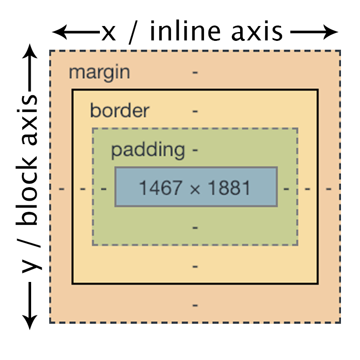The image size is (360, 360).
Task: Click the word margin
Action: (99, 72)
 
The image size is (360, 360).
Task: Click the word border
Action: (119, 111)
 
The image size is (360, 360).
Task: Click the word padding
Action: (147, 150)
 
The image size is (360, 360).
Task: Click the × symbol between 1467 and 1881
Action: (195, 189)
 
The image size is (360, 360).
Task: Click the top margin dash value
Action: (195, 73)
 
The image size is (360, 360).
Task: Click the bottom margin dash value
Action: (195, 305)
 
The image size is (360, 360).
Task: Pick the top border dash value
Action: (195, 111)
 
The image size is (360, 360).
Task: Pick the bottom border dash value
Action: (195, 266)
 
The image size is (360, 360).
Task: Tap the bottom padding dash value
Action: (195, 228)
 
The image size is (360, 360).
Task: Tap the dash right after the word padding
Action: (195, 151)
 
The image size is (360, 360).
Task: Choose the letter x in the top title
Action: (108, 33)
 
